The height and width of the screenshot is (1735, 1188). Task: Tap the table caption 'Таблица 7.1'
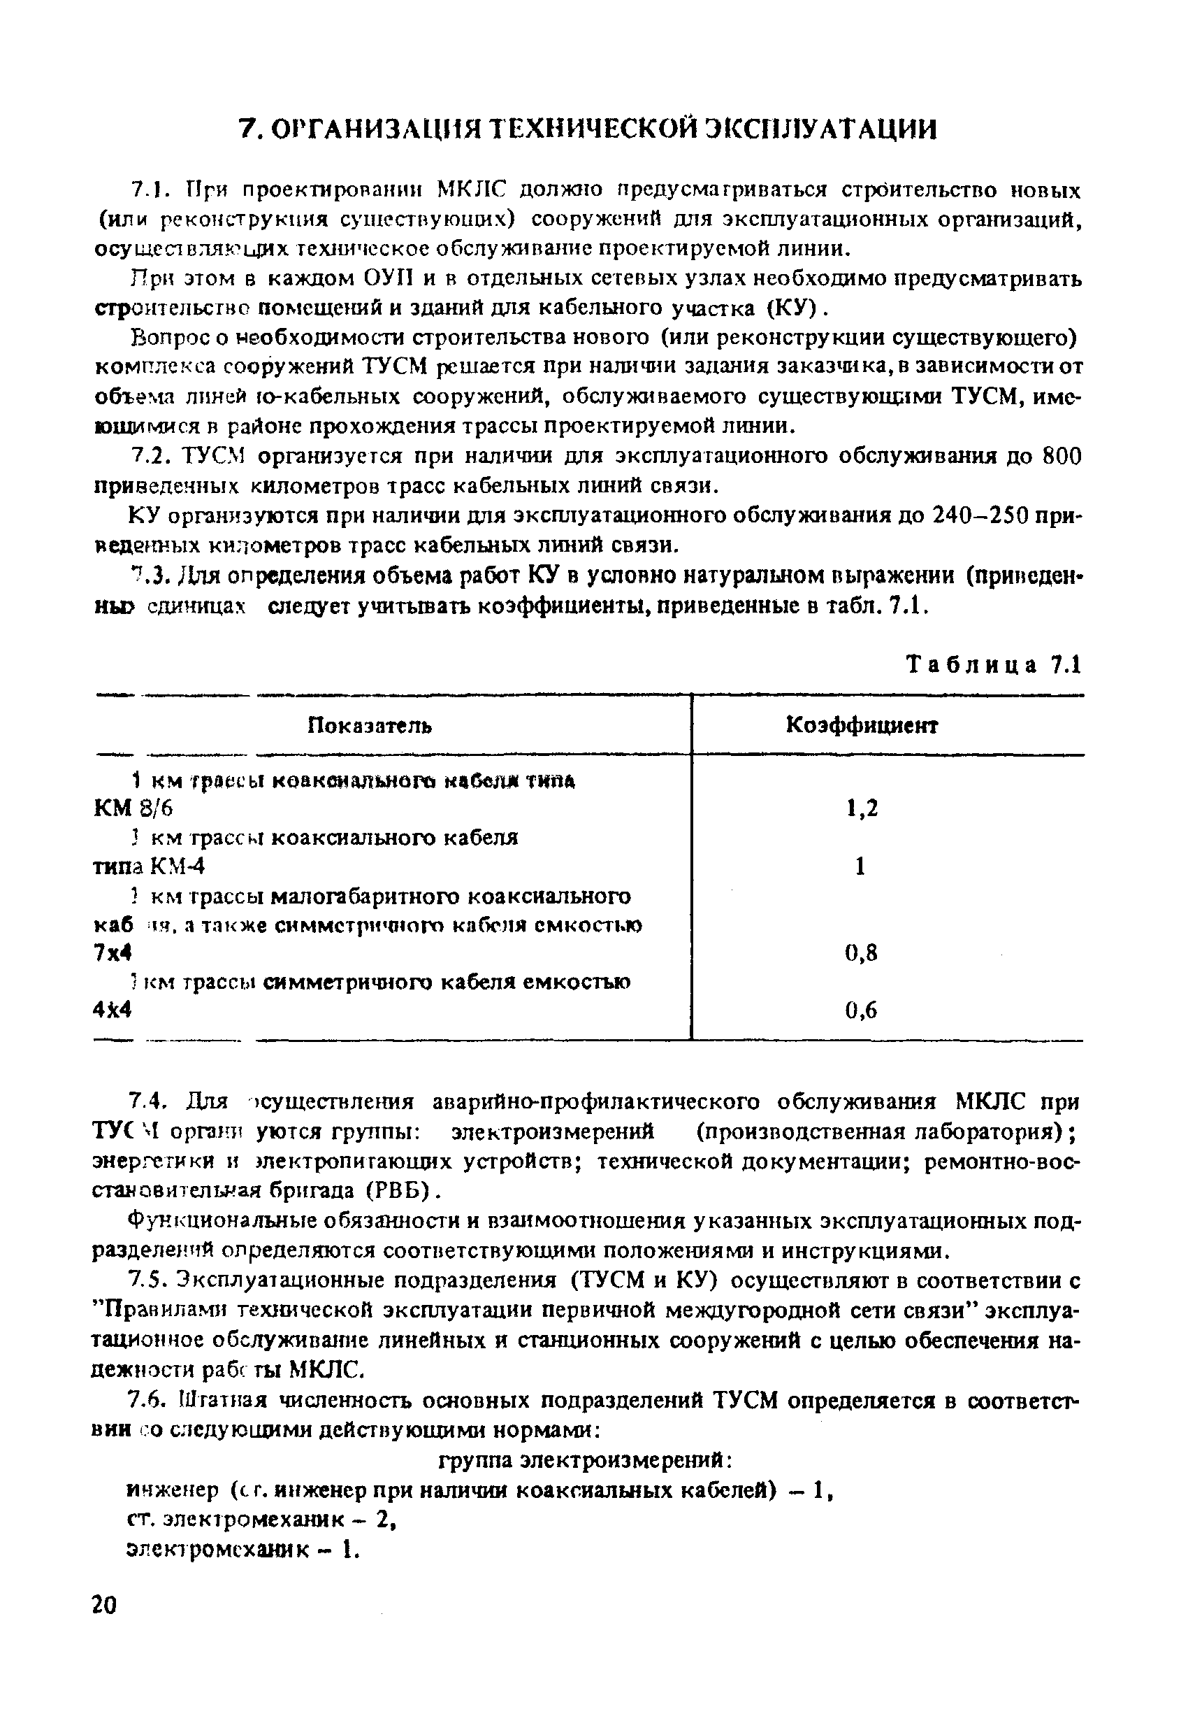[x=993, y=664]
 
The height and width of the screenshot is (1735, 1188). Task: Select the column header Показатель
[x=370, y=725]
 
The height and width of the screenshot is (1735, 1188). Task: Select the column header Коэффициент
[x=862, y=725]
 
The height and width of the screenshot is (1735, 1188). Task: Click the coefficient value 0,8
[x=861, y=952]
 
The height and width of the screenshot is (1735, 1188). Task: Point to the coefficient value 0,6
[x=861, y=1010]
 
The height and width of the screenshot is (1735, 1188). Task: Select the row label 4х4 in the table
[x=113, y=1010]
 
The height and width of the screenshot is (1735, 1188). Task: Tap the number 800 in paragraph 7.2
[x=1060, y=456]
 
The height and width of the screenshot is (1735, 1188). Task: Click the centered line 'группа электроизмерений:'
[x=589, y=1458]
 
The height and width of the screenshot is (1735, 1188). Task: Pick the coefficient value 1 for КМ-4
[x=860, y=866]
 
